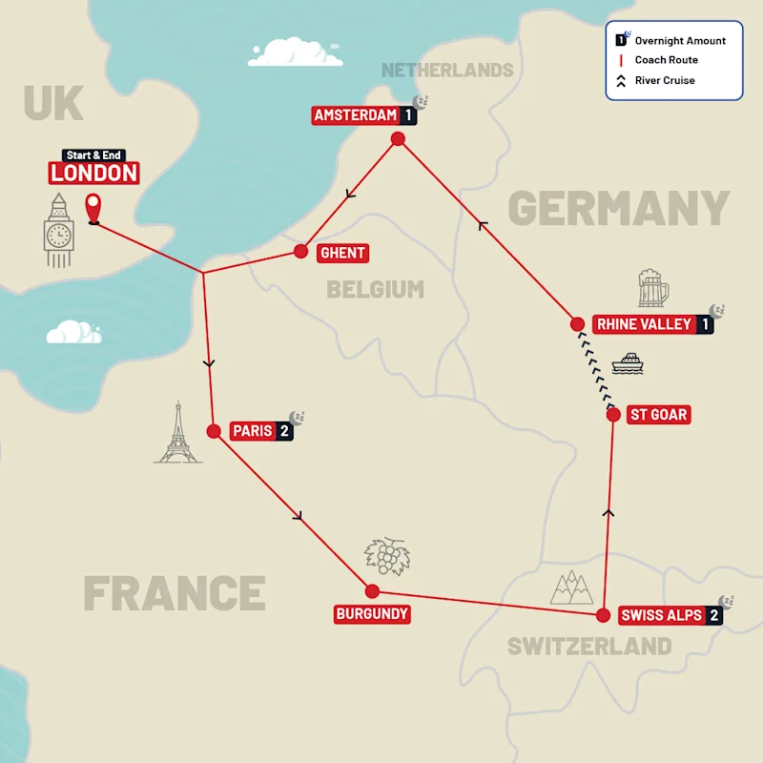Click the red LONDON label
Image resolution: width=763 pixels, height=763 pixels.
click(93, 173)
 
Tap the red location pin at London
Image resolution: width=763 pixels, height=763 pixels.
click(93, 208)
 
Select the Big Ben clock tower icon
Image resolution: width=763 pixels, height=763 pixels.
click(58, 230)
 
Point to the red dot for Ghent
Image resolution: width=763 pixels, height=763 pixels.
click(300, 252)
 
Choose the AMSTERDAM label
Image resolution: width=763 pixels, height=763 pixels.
click(355, 116)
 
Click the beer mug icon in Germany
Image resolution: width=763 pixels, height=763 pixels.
click(653, 288)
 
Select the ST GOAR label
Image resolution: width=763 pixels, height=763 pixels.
click(658, 415)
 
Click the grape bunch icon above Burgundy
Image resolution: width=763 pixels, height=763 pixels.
click(385, 554)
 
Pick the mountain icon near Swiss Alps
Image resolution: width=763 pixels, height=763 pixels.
click(571, 588)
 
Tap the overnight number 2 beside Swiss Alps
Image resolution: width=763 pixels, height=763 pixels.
click(713, 615)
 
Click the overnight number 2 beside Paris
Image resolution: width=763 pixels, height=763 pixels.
click(284, 431)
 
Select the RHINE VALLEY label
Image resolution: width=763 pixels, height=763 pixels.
click(643, 324)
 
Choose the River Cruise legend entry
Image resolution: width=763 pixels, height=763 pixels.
click(664, 80)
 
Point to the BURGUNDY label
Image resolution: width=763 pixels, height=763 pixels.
click(372, 614)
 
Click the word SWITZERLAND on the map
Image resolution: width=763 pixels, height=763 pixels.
click(588, 646)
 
